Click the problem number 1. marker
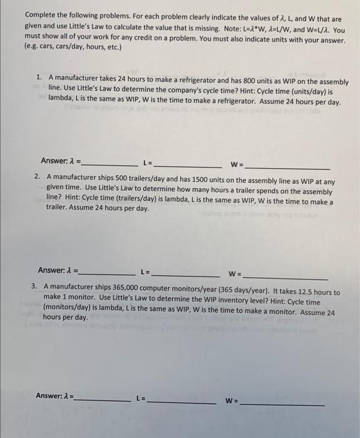[39, 77]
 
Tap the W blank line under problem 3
[282, 405]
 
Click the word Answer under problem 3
[51, 395]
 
